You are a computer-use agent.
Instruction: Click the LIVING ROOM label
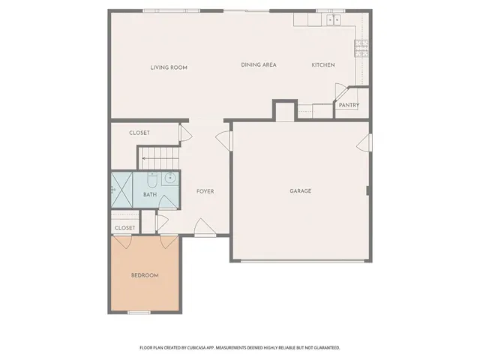(169, 67)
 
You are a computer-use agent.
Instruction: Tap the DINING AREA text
(259, 65)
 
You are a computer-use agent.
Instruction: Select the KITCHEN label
(323, 65)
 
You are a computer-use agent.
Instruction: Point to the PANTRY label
(349, 106)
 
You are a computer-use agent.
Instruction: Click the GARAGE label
(301, 191)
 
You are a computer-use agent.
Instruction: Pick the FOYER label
(205, 191)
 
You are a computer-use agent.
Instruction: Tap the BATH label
(151, 196)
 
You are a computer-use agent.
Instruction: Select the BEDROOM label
(145, 276)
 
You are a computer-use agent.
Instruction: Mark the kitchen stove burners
(361, 49)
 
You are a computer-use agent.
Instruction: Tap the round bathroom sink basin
(169, 178)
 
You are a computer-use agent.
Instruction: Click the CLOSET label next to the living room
(139, 133)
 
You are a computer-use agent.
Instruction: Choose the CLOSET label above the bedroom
(125, 227)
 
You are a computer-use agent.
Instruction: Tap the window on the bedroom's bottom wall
(139, 312)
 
